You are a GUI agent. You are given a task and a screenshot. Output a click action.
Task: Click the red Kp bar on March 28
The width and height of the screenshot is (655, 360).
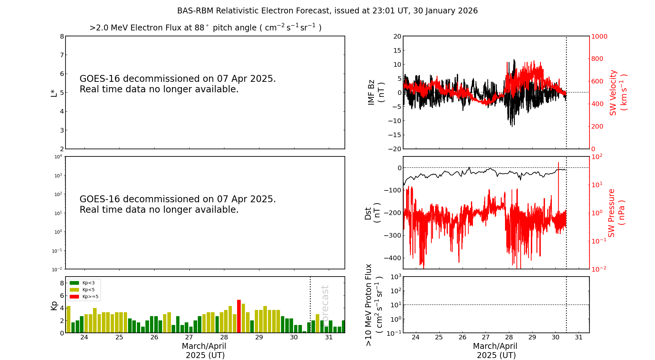click(239, 316)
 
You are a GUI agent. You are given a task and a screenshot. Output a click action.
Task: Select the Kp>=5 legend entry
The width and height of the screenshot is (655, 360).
click(84, 297)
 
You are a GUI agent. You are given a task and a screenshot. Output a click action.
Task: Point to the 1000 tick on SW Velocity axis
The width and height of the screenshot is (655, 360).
click(599, 36)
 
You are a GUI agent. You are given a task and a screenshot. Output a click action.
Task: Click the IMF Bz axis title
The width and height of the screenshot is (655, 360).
click(376, 92)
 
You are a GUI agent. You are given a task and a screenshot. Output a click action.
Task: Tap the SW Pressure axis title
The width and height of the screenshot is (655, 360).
click(616, 213)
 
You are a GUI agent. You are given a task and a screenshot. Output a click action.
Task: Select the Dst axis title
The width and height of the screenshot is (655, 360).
click(373, 213)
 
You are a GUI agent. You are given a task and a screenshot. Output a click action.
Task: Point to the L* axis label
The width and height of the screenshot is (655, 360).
click(54, 92)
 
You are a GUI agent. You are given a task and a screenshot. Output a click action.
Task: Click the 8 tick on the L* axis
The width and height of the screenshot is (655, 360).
click(62, 36)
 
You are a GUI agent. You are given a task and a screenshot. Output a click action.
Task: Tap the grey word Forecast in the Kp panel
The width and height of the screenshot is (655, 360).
click(325, 305)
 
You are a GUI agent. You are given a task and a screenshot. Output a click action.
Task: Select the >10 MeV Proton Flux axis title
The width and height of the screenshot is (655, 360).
click(374, 305)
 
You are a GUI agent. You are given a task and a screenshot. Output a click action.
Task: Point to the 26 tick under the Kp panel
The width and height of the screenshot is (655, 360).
click(154, 337)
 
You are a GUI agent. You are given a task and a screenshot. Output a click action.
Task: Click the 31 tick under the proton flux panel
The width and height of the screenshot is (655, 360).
click(579, 337)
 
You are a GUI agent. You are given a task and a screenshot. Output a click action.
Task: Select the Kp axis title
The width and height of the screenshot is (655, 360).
click(54, 306)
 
